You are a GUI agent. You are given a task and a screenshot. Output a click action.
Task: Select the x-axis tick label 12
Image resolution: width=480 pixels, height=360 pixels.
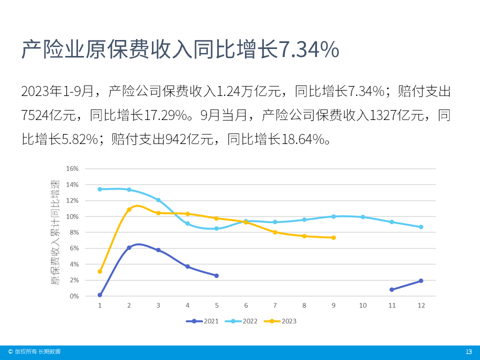[421, 305]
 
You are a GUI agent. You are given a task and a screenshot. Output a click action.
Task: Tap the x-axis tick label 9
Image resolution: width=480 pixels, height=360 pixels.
[333, 305]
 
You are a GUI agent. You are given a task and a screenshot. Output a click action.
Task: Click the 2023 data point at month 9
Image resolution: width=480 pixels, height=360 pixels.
[333, 237]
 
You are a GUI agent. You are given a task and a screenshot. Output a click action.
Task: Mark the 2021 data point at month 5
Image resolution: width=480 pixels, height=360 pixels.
[216, 275]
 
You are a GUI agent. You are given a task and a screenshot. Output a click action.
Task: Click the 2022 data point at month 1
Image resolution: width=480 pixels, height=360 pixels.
[100, 189]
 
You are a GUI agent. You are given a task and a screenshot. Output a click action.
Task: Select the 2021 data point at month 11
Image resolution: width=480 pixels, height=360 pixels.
[392, 289]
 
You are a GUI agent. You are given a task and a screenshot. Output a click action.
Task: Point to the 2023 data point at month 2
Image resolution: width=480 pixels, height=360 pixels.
[129, 209]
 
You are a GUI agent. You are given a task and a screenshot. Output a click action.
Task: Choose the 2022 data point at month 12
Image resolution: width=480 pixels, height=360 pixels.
[421, 227]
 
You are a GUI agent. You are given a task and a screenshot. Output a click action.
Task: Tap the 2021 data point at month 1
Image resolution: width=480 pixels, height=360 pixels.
[100, 295]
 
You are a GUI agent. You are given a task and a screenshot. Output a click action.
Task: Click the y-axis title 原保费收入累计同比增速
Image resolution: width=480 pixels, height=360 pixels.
[54, 232]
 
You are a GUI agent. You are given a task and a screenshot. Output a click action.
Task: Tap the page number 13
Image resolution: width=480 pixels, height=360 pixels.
[468, 352]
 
